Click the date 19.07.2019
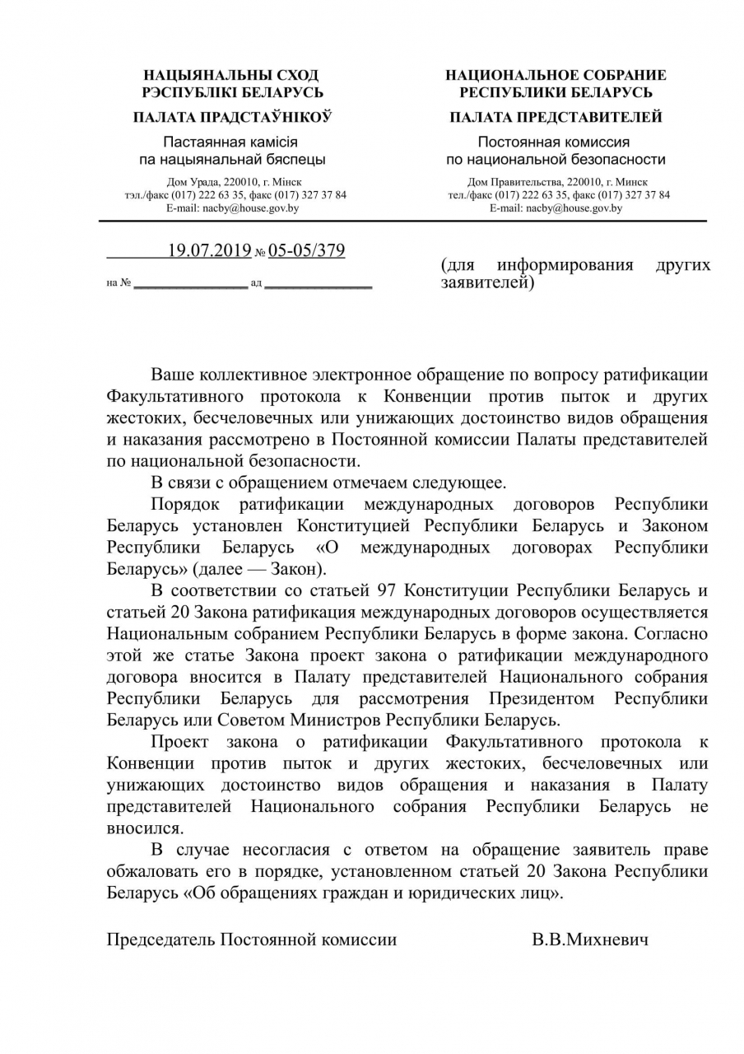[209, 250]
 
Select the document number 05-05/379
[306, 250]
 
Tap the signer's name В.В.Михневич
[589, 939]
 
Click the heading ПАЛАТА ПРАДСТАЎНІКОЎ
[233, 118]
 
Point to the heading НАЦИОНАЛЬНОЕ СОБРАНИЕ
[556, 75]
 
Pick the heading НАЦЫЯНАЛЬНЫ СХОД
[231, 75]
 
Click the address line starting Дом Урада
[234, 182]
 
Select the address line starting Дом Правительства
[556, 182]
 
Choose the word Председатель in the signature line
[160, 939]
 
